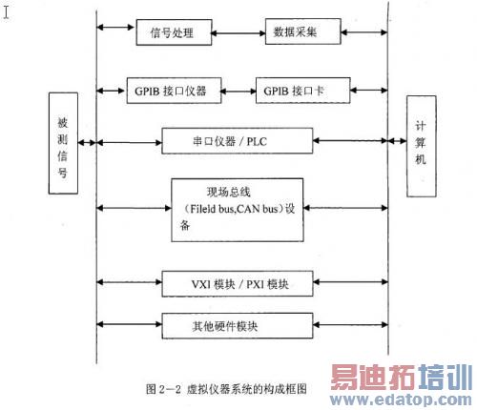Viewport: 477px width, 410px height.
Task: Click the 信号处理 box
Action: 173,33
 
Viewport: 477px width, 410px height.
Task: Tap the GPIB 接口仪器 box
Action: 173,92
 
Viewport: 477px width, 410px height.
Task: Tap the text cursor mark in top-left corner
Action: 7,12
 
